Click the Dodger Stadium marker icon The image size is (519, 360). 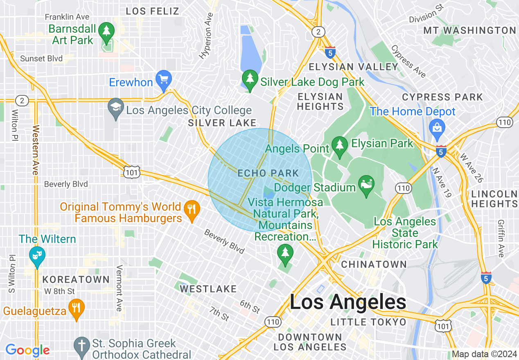click(366, 184)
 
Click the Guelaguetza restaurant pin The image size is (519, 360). click(76, 308)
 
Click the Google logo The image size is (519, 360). click(27, 350)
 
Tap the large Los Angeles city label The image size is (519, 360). click(348, 302)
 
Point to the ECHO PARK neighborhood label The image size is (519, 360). click(268, 173)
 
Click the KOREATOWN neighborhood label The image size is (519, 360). click(76, 280)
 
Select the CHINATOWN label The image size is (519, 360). click(374, 264)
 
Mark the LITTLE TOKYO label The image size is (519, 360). click(368, 322)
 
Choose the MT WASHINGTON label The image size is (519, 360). click(469, 30)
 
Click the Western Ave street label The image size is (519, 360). click(35, 150)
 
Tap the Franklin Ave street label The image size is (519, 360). click(67, 17)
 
